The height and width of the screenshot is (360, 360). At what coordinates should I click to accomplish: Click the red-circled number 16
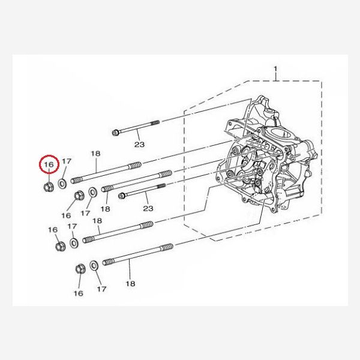pos(49,164)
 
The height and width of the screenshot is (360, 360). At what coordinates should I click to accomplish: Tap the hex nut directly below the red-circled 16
pos(49,187)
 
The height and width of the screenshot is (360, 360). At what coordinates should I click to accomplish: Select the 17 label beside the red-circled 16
pos(67,161)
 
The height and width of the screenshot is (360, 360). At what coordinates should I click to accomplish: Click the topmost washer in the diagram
pos(62,184)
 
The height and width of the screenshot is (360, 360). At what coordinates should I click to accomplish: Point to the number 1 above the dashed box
pos(275,69)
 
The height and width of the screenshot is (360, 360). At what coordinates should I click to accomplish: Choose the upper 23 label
pos(139,145)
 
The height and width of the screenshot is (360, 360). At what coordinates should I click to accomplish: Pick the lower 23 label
pos(148,208)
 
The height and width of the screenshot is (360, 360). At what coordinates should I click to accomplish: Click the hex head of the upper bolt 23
pos(115,133)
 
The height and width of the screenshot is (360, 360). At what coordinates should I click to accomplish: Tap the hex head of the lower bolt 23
pos(122,196)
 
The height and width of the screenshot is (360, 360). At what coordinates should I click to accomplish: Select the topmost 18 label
pos(96,154)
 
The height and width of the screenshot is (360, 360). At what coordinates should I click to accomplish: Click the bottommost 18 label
pos(130,284)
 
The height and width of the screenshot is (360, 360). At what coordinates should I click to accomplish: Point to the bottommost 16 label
pos(78,293)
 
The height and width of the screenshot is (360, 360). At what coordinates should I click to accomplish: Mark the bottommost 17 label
pos(102,289)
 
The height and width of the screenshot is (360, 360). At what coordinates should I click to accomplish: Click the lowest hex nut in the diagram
pos(80,269)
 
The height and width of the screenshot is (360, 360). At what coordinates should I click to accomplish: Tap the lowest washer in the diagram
pos(94,265)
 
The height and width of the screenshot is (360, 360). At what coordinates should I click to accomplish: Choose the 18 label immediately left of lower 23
pos(106,209)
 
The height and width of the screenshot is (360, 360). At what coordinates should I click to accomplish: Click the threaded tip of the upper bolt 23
pos(155,123)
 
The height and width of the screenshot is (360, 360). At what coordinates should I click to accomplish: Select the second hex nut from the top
pos(79,196)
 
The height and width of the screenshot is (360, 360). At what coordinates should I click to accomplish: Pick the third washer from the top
pos(74,243)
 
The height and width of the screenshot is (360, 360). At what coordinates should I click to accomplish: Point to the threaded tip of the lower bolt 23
pos(161,186)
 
